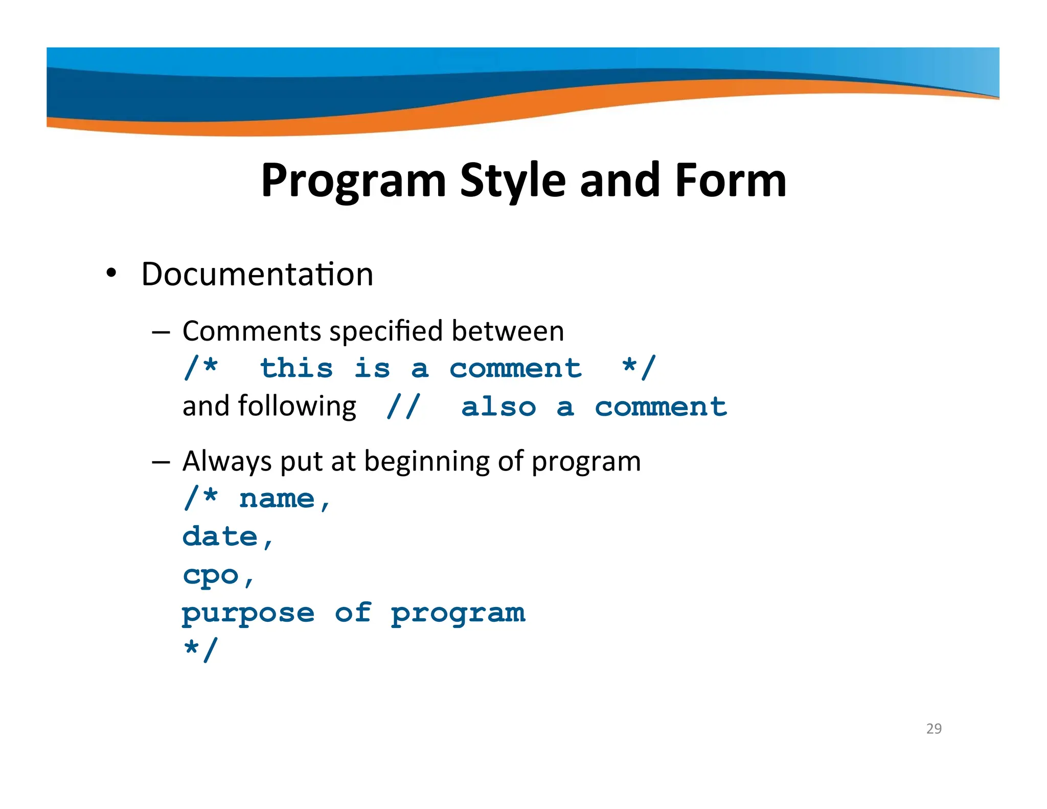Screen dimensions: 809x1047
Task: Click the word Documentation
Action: (257, 275)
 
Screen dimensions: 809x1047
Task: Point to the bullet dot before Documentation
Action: (111, 273)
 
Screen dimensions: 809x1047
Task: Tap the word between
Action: (508, 331)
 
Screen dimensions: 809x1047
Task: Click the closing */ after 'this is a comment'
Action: (639, 368)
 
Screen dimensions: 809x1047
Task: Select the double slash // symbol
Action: (403, 407)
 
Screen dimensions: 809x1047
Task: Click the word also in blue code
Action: (498, 407)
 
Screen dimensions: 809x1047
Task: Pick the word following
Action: (297, 408)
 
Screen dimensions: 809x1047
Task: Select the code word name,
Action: (285, 499)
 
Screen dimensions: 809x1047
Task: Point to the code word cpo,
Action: (218, 576)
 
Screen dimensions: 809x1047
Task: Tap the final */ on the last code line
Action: (201, 649)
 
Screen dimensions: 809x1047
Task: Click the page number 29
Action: (934, 728)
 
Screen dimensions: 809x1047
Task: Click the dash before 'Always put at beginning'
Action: (161, 462)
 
